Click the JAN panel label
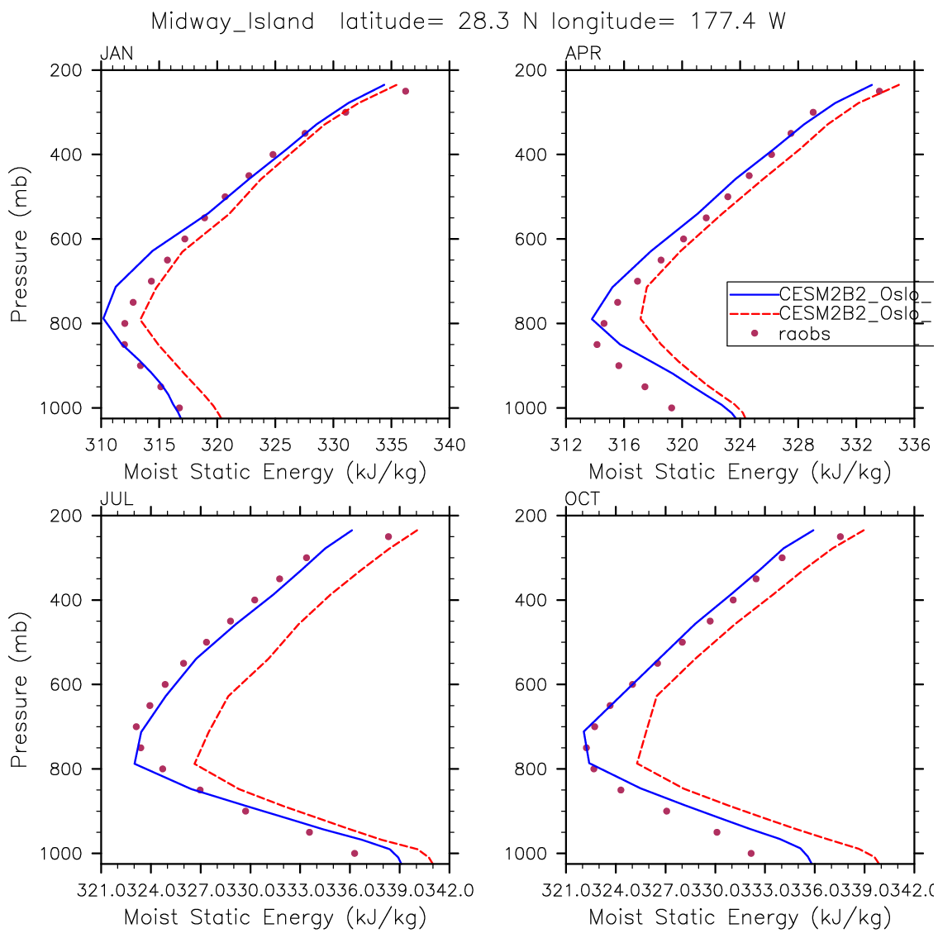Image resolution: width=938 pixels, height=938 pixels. pyautogui.click(x=117, y=55)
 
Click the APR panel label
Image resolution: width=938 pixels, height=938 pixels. pyautogui.click(x=583, y=55)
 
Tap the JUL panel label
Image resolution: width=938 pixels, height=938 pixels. pyautogui.click(x=117, y=499)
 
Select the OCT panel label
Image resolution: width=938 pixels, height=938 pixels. pyautogui.click(x=583, y=499)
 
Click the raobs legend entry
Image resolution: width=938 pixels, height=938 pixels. pyautogui.click(x=804, y=334)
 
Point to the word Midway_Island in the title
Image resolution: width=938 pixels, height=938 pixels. pyautogui.click(x=232, y=22)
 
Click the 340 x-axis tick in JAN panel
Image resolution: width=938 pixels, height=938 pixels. pyautogui.click(x=450, y=445)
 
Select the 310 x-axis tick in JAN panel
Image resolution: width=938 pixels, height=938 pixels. pyautogui.click(x=100, y=445)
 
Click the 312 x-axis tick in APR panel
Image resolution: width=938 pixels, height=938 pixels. pyautogui.click(x=565, y=445)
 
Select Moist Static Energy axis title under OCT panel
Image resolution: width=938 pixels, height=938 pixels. pyautogui.click(x=740, y=917)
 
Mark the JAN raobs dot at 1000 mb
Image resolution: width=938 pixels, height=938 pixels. pyautogui.click(x=179, y=407)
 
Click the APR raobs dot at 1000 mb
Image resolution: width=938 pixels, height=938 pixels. pyautogui.click(x=671, y=407)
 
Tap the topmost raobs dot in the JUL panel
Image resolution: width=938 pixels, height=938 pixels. pyautogui.click(x=388, y=536)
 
